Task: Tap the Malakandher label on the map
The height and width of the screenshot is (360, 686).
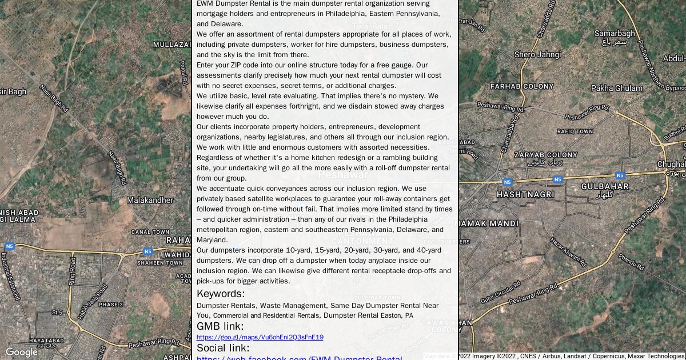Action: coord(150,200)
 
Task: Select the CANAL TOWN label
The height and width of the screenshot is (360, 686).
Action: coord(150,232)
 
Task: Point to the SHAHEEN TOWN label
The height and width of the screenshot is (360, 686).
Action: coord(160,263)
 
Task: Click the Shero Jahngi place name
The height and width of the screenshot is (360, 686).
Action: coord(537,54)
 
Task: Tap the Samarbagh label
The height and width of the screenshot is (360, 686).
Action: coord(615,34)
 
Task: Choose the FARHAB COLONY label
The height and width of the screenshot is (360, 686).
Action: coord(522,86)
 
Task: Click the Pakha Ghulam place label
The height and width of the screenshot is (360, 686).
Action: coord(617,88)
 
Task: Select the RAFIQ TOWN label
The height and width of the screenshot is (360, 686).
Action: coord(575,131)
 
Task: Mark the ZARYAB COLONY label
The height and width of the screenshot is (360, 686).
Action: coord(545,155)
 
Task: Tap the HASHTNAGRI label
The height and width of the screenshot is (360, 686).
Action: coord(525,194)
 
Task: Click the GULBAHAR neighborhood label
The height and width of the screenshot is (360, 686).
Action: coord(605,186)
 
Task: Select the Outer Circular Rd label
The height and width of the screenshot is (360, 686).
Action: coord(500,291)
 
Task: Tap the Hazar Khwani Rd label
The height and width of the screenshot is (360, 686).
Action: coord(568,253)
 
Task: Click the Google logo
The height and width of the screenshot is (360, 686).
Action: coord(21,353)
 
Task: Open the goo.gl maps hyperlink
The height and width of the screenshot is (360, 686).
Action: coord(260,337)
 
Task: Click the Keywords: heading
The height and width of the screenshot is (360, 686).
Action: coord(221,294)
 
